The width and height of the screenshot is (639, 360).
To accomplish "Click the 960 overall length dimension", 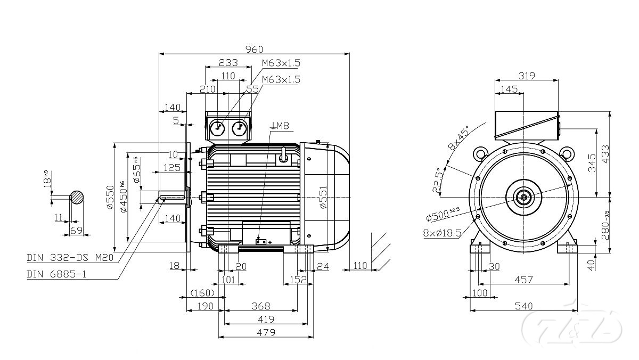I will pos(254,49).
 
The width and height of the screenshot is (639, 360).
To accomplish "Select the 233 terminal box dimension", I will pos(228,62).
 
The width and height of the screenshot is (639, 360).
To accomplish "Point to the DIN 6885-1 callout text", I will pos(56,274).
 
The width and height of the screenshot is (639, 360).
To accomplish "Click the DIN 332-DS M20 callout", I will pos(71,258).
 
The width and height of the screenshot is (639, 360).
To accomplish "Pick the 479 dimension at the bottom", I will pos(265,332).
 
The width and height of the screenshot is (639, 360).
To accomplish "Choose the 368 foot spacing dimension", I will pos(260,306).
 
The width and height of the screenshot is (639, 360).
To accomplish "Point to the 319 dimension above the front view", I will pos(527,76).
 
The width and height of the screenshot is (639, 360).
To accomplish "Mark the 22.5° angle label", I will pos(437,181).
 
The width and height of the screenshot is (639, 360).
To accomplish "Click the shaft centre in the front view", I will pos(525,197).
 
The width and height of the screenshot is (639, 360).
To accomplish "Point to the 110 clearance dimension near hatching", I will pos(361,265).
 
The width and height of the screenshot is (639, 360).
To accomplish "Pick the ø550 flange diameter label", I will pos(110,197).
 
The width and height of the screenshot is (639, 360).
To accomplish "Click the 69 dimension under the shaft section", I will pos(76,230).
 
